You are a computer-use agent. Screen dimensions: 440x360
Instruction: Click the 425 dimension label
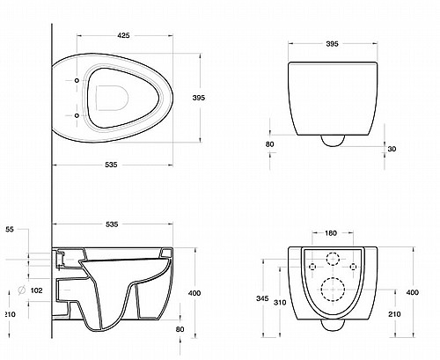(123, 35)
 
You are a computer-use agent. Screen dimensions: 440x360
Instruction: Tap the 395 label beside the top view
(199, 98)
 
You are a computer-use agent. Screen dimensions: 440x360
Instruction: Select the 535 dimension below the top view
(111, 165)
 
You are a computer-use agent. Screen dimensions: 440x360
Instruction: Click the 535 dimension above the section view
(112, 224)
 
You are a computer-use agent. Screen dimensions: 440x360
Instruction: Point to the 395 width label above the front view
(333, 44)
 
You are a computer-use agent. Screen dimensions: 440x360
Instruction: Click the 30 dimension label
(392, 149)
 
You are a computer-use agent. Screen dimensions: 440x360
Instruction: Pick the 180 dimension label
(331, 233)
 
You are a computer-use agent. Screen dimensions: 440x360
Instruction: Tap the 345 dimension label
(262, 298)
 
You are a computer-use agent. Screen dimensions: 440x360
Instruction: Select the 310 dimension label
(280, 303)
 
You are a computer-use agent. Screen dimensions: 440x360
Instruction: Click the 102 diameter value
(36, 290)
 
